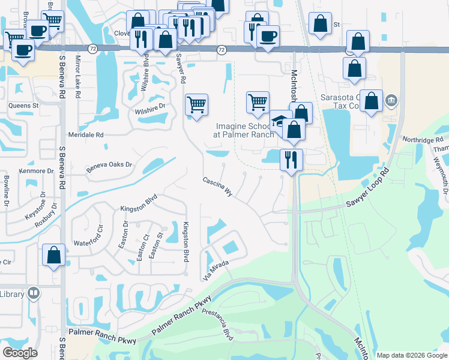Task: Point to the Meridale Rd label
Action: point(86,135)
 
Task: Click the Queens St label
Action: point(23,105)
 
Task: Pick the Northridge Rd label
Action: point(423,140)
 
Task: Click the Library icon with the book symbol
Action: point(33,293)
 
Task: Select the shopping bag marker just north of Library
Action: point(54,255)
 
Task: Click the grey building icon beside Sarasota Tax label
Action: point(391,99)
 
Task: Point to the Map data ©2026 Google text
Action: point(412,355)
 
